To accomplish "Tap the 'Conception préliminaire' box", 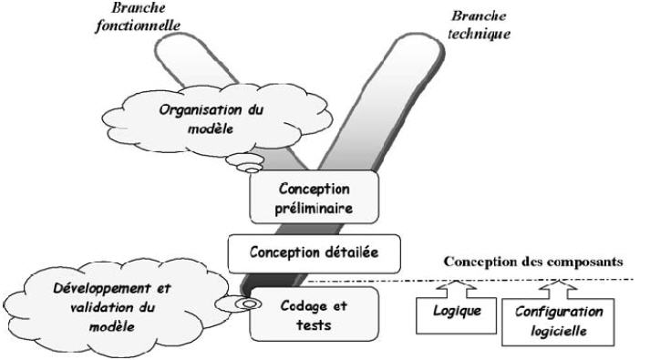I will pyautogui.click(x=303, y=198).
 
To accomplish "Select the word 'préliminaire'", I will pyautogui.click(x=303, y=208).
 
